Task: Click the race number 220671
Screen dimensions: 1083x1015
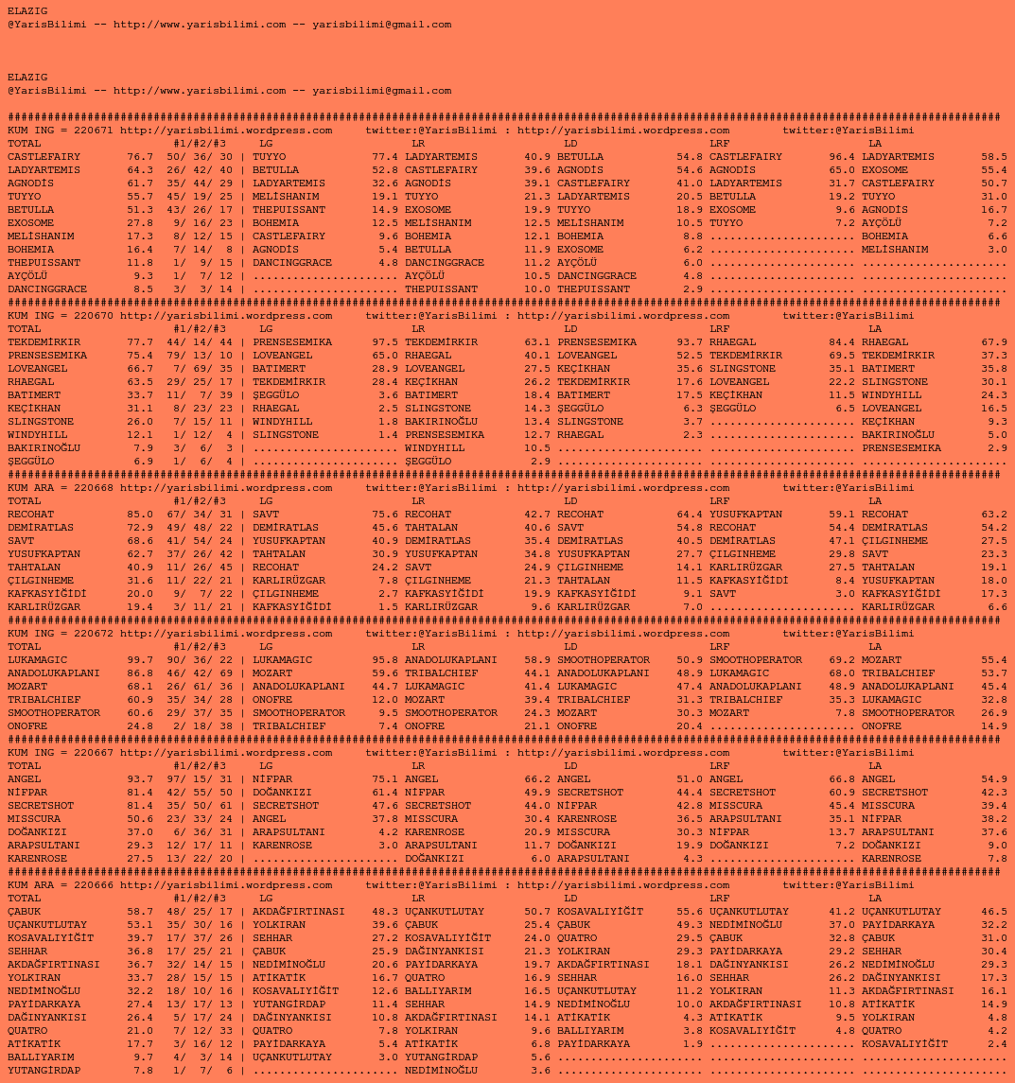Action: pyautogui.click(x=94, y=131)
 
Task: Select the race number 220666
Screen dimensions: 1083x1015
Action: pyautogui.click(x=94, y=885)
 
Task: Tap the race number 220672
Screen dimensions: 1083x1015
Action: pyautogui.click(x=94, y=634)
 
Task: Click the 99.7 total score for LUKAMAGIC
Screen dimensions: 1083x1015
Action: pyautogui.click(x=140, y=660)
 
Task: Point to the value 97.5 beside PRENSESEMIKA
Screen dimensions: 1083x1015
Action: pyautogui.click(x=385, y=342)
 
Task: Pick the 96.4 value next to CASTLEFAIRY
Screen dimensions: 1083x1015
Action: pyautogui.click(x=842, y=157)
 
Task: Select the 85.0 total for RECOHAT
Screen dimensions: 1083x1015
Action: pyautogui.click(x=140, y=515)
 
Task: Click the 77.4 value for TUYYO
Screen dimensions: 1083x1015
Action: pyautogui.click(x=385, y=157)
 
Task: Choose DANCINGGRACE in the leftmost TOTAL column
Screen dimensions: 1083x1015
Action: pyautogui.click(x=47, y=289)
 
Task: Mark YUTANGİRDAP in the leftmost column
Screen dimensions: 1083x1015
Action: pyautogui.click(x=44, y=1071)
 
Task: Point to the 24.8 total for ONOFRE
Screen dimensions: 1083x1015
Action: pyautogui.click(x=140, y=726)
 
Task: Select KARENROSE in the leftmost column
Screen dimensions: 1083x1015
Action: pyautogui.click(x=37, y=859)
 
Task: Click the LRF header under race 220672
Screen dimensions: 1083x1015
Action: pyautogui.click(x=719, y=647)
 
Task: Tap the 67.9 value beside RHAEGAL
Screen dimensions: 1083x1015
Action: pyautogui.click(x=994, y=342)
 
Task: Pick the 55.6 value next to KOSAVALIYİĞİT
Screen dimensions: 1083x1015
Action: pyautogui.click(x=690, y=912)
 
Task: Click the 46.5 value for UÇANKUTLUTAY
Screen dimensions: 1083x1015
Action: pyautogui.click(x=994, y=912)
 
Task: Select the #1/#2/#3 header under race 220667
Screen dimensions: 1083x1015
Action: pyautogui.click(x=200, y=766)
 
